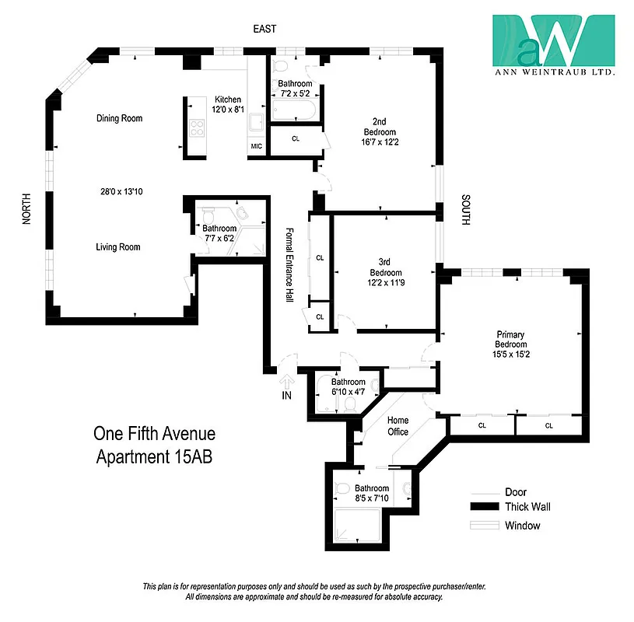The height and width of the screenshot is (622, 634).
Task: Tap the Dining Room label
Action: coord(119,118)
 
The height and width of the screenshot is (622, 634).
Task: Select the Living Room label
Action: coord(118,247)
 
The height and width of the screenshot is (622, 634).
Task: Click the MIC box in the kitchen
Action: coord(257,146)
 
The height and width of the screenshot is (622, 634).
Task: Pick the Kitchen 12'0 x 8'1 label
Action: coord(228,105)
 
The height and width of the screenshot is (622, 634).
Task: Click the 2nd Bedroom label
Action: coord(380,132)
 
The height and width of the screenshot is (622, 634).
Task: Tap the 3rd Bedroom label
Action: coord(385,278)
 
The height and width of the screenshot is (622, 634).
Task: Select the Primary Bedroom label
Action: coord(510,344)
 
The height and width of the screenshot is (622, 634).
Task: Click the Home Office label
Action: coord(398,426)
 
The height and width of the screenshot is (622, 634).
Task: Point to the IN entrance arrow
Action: coord(285,383)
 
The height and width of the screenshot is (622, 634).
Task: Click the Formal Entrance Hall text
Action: coord(289,264)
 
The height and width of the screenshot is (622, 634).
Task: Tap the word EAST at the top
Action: coord(265,28)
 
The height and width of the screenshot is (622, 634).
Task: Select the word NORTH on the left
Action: coord(26,210)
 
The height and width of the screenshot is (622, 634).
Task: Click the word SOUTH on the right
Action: coord(466,210)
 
